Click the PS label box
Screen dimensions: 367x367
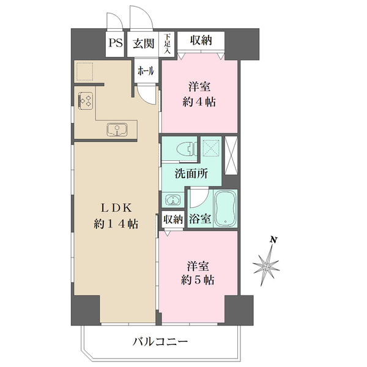[x=114, y=43]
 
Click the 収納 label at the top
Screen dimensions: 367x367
[x=201, y=41]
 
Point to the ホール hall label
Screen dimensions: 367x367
[x=146, y=70]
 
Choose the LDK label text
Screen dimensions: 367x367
[x=115, y=207]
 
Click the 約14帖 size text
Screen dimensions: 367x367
[x=115, y=224]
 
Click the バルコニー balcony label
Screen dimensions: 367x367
[x=160, y=341]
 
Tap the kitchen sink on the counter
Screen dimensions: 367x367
[x=116, y=129]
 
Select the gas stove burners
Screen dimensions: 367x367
[x=86, y=99]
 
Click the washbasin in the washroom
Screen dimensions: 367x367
[x=171, y=200]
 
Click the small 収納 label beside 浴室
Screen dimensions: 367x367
[x=173, y=219]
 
